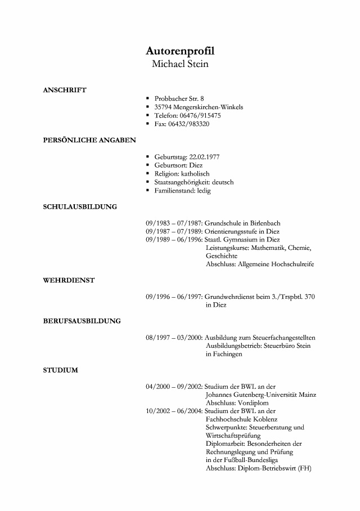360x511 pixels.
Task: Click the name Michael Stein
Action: [180, 64]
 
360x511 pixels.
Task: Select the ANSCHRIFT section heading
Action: [65, 89]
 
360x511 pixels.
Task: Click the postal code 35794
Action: [163, 107]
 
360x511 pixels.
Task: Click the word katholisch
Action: [194, 174]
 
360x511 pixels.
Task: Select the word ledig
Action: [203, 191]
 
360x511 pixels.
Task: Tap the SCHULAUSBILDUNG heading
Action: [80, 207]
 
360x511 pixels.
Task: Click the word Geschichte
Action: [222, 255]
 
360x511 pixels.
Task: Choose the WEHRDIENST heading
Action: [69, 280]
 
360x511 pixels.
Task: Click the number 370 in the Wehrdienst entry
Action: [309, 296]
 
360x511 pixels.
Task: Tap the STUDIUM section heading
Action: [60, 370]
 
